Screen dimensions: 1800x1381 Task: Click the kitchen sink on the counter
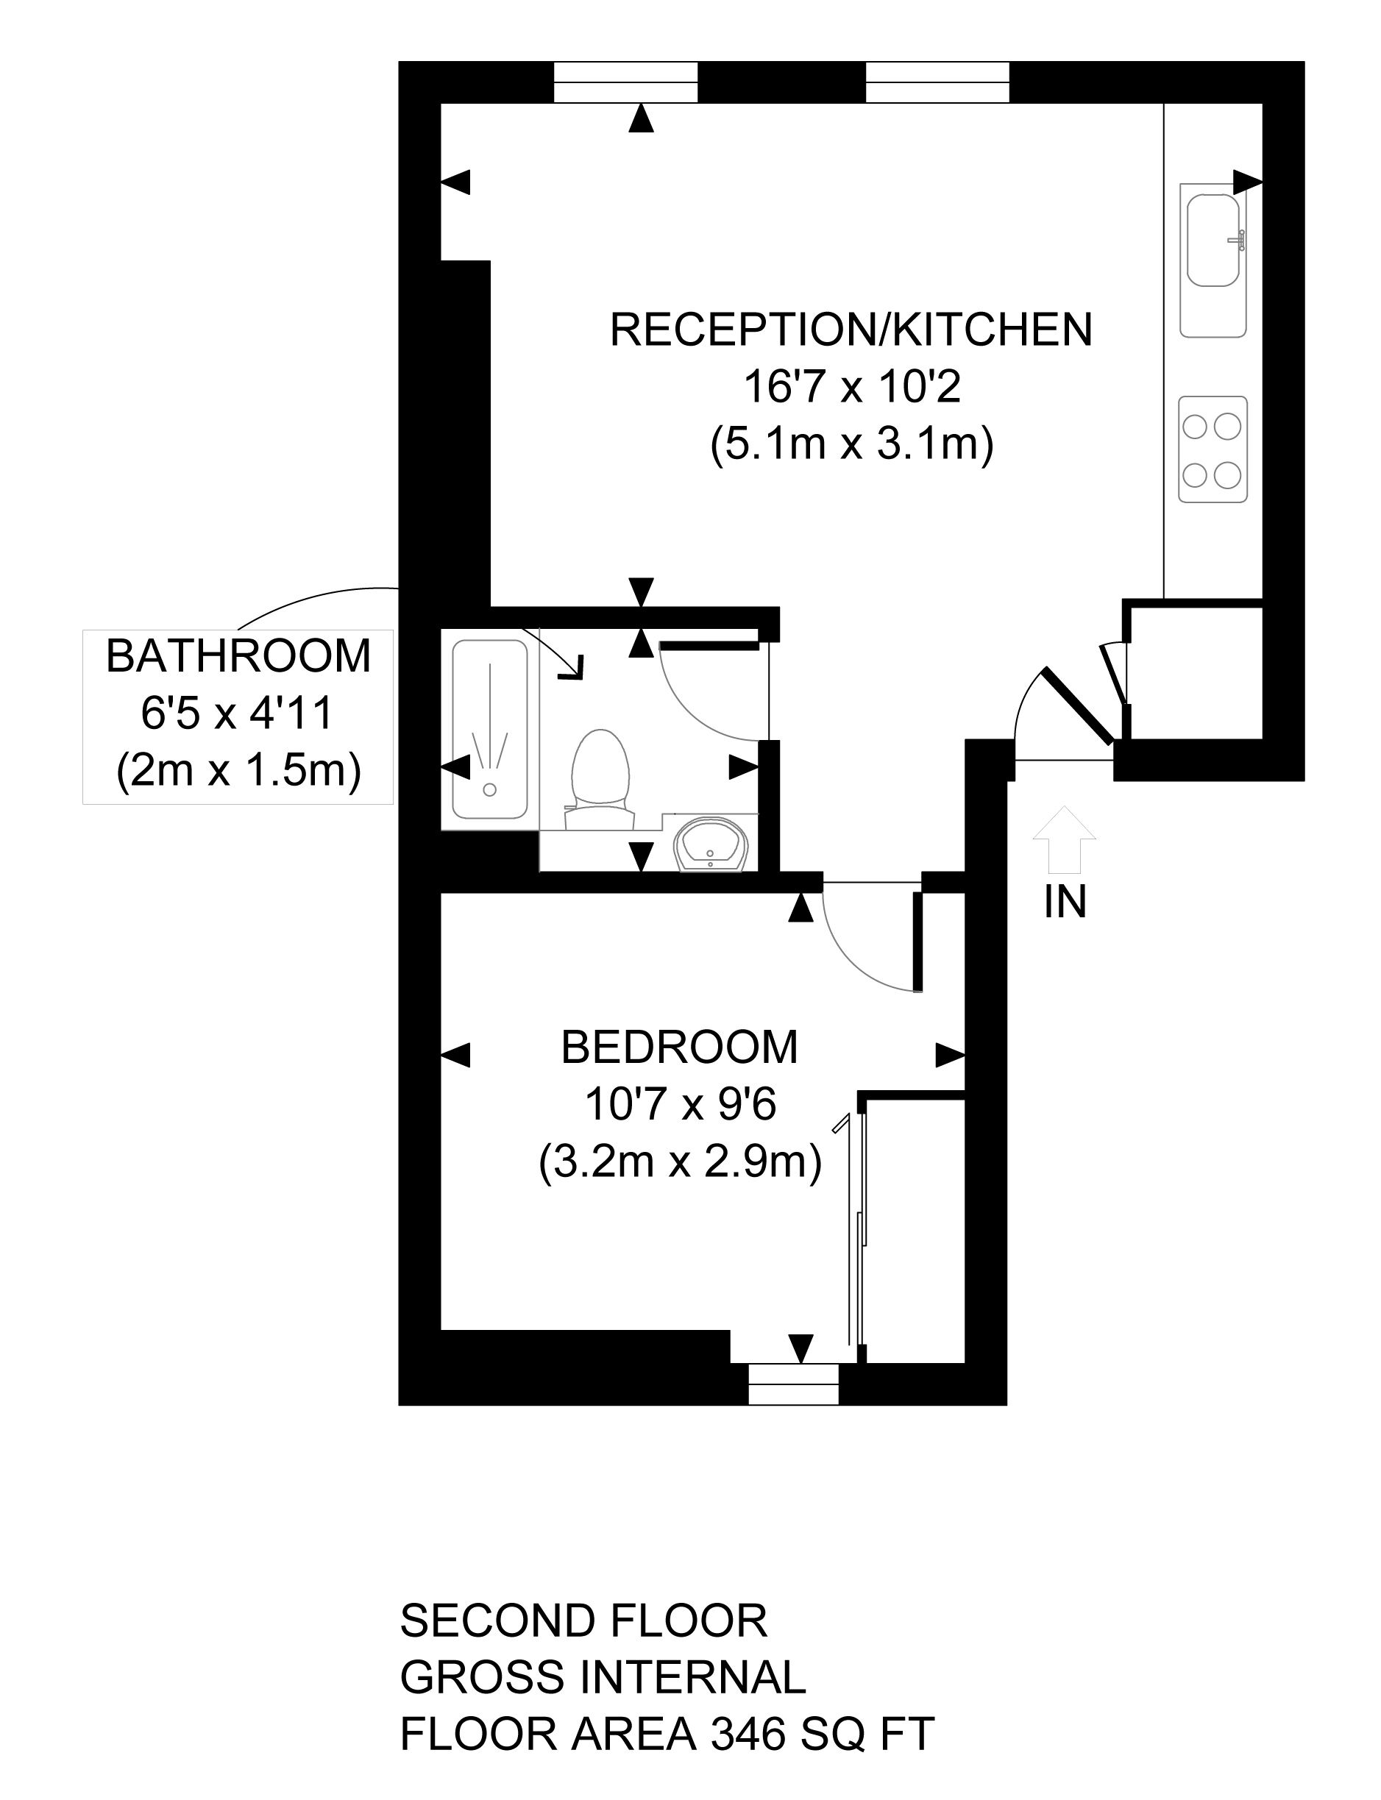[x=1213, y=240]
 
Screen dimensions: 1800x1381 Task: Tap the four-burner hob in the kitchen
[x=1213, y=449]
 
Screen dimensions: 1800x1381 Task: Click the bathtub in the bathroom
[x=490, y=729]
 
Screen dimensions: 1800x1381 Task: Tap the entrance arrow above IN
[x=1064, y=839]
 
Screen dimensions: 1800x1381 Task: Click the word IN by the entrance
[x=1065, y=902]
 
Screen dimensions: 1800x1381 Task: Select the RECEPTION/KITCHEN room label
[x=851, y=330]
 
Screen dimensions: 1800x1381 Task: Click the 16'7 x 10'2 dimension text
[x=851, y=387]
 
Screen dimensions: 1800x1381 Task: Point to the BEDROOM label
[x=680, y=1048]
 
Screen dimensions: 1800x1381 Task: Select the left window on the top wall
[x=625, y=82]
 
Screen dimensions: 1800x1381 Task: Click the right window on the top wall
[x=937, y=82]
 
